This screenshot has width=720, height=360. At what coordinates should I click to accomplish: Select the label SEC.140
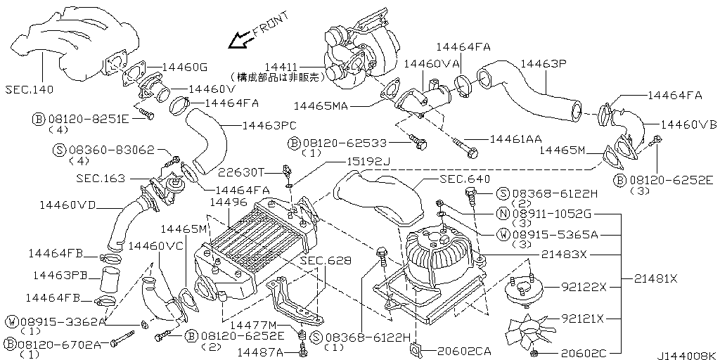click(28, 90)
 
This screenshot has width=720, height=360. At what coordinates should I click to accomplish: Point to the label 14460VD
click(67, 205)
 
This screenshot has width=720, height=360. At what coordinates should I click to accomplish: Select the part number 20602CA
click(463, 350)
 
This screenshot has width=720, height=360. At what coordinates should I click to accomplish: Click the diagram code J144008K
click(688, 355)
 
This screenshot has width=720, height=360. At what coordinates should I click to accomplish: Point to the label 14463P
click(544, 64)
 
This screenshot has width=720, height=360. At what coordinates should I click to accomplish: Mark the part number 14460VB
click(689, 124)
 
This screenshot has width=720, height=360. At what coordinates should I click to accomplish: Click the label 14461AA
click(515, 139)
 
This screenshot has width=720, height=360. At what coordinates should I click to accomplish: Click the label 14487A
click(259, 351)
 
